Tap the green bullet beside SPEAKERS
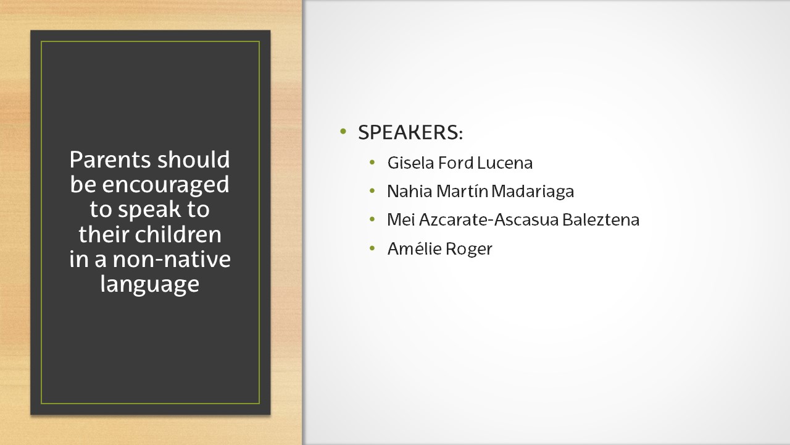coord(343,132)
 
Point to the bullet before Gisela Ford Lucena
coord(372,163)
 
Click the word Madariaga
coord(533,192)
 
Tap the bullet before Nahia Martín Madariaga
coord(372,191)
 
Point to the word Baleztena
coord(601,219)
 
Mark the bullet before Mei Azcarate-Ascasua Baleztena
coord(372,219)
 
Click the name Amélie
coord(414,248)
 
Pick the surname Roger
coord(469,248)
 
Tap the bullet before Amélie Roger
coord(372,248)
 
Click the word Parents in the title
coord(110,159)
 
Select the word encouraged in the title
coord(165,185)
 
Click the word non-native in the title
coord(172,260)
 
